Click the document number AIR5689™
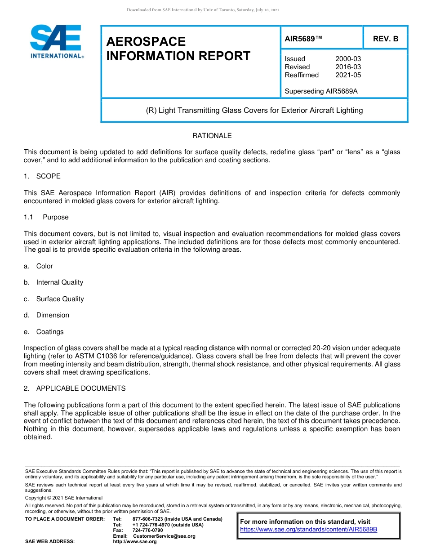click(303, 39)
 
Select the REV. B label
click(386, 39)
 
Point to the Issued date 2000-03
click(348, 59)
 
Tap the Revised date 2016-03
click(348, 67)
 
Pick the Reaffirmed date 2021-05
click(348, 75)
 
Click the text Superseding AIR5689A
click(321, 91)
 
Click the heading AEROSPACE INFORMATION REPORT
click(178, 49)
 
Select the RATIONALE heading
click(212, 136)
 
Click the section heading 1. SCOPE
click(42, 176)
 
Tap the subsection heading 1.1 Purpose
click(46, 217)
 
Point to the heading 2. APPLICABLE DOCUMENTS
click(75, 388)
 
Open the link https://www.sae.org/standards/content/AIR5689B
click(308, 530)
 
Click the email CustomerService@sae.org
click(164, 536)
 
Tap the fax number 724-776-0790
click(147, 531)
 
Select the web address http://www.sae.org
click(134, 541)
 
